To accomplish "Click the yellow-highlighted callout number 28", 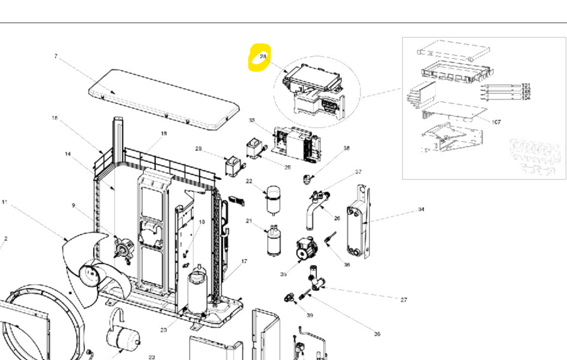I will tap(263, 57).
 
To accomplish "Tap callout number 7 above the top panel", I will tap(55, 56).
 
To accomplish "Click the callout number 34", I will tap(421, 209).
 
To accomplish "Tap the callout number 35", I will tap(283, 274).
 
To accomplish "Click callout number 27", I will tap(404, 299).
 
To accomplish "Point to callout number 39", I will tap(309, 315).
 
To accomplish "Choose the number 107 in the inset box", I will tap(496, 122).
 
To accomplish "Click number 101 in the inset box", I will tap(526, 85).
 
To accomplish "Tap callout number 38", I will tap(346, 149).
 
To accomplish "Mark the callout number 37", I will tap(358, 171).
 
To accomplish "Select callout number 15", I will tap(55, 118).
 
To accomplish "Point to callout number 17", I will tap(244, 261).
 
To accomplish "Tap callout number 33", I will tap(251, 120).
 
